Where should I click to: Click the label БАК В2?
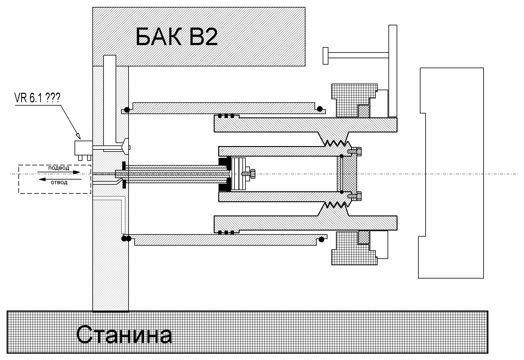(x=177, y=37)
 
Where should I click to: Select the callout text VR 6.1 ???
(x=37, y=98)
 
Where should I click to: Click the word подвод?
(x=59, y=168)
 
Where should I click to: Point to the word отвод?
(x=59, y=182)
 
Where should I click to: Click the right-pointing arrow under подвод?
(x=59, y=172)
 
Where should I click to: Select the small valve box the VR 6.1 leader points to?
(x=84, y=148)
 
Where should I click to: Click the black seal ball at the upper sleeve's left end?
(x=127, y=110)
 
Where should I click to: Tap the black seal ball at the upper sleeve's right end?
(x=320, y=109)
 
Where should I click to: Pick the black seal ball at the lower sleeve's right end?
(x=321, y=239)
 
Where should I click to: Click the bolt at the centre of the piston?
(x=248, y=173)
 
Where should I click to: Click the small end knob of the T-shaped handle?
(x=325, y=56)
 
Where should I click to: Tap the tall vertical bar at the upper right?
(x=393, y=71)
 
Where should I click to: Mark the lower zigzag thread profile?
(x=335, y=205)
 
